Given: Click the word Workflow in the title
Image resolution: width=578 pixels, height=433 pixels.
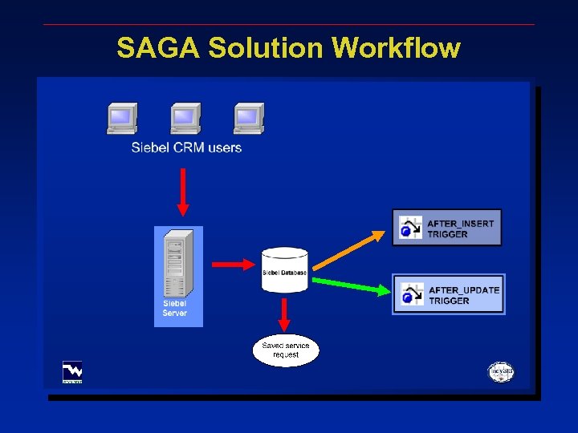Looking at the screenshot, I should [x=396, y=48].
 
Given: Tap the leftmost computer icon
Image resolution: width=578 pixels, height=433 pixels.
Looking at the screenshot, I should [x=122, y=119].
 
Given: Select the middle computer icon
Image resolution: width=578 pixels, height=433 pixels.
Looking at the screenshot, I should [x=185, y=119].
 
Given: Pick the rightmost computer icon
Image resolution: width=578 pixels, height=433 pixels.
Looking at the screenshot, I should [x=249, y=119].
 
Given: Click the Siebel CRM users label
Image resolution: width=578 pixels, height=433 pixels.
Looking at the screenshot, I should [x=186, y=148].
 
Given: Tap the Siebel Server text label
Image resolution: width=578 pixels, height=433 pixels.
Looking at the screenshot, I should [x=175, y=309].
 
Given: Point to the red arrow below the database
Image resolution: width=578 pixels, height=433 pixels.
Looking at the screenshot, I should [x=284, y=312].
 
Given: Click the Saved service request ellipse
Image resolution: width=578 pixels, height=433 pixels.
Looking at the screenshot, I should [x=286, y=350].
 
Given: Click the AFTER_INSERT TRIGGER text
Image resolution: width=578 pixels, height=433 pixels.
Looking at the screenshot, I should [x=460, y=229].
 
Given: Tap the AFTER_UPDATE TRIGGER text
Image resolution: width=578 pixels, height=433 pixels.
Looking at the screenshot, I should [x=464, y=295].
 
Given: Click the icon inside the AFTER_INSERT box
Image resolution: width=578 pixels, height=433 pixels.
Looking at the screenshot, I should [x=411, y=229].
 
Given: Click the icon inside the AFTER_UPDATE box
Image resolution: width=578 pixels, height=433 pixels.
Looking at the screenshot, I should [x=413, y=294].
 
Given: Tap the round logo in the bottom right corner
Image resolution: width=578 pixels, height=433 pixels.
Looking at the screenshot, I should [x=501, y=373].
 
